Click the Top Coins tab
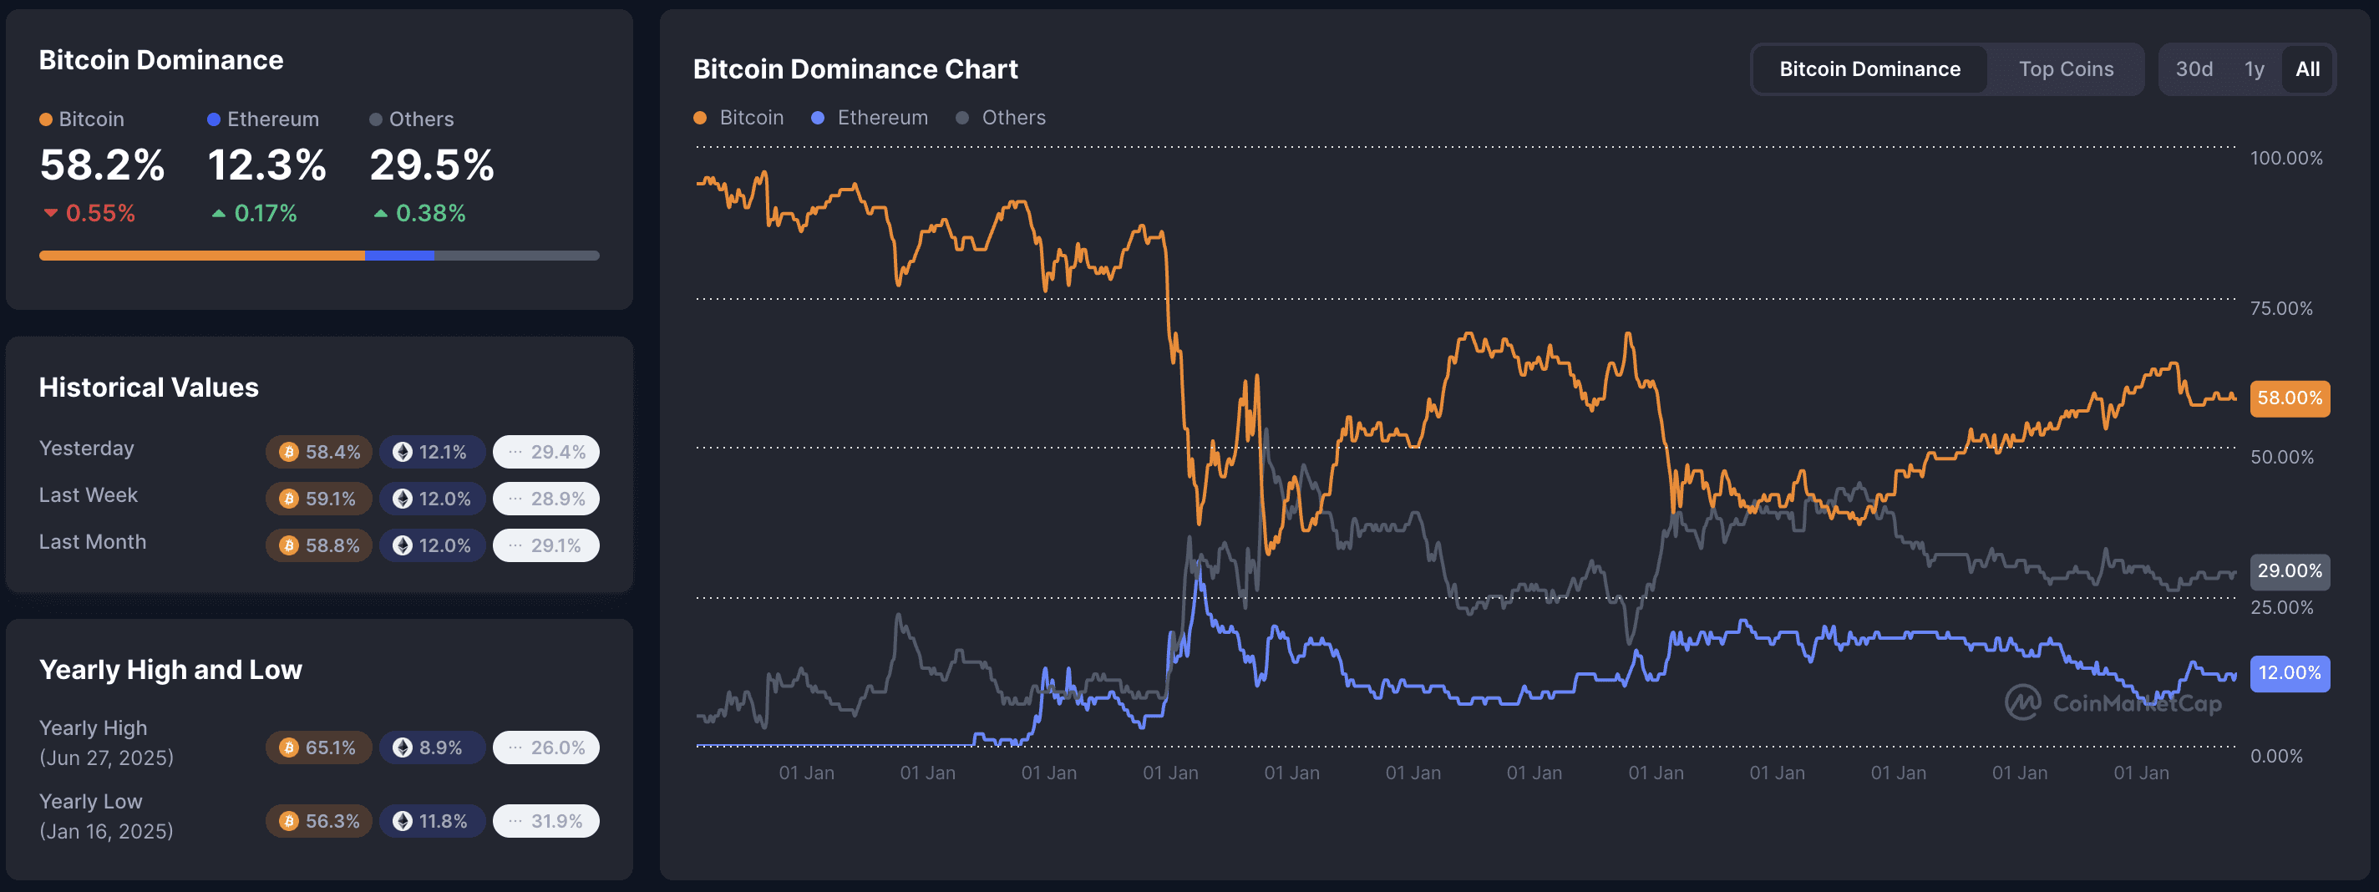tap(2065, 69)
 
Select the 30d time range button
tap(2194, 69)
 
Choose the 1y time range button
tap(2254, 69)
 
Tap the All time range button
tap(2307, 69)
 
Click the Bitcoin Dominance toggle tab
tap(1869, 69)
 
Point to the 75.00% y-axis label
tap(2281, 308)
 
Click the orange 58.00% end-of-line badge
tap(2290, 398)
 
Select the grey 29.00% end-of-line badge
tap(2290, 570)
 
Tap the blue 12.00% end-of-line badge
tap(2290, 673)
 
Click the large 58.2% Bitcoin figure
tap(102, 165)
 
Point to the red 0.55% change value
tap(99, 213)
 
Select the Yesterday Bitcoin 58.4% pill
tap(320, 452)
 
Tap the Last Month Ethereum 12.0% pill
tap(432, 545)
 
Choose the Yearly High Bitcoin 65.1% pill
tap(320, 748)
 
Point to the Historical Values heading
tap(149, 387)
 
